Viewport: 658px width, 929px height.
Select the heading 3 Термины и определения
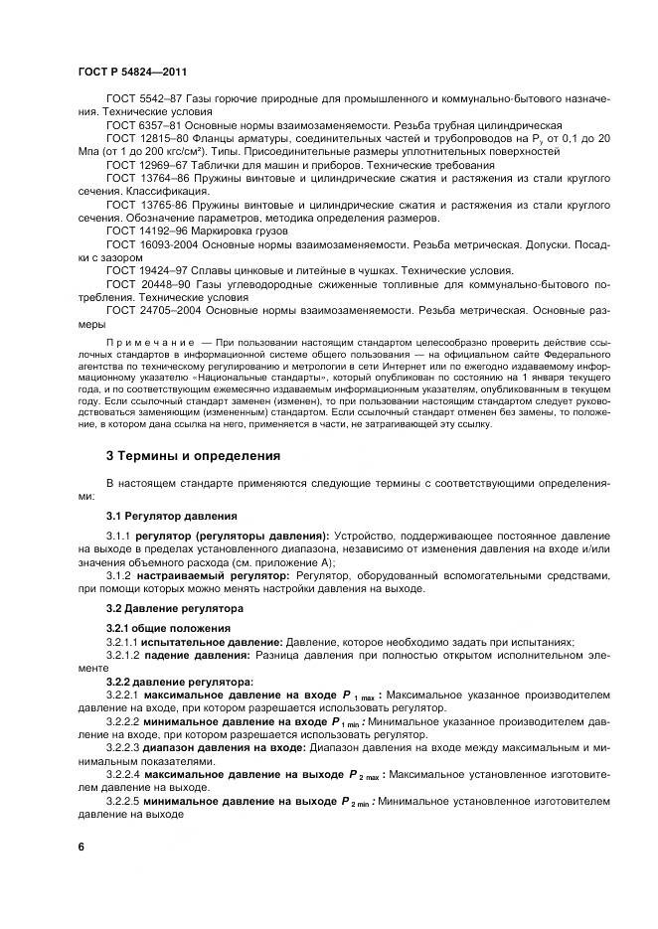click(x=193, y=456)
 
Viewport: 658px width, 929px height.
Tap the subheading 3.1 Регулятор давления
click(x=171, y=516)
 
